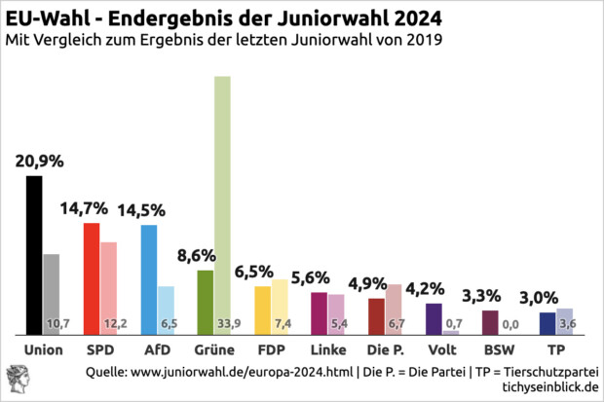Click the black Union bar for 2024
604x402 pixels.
pyautogui.click(x=33, y=255)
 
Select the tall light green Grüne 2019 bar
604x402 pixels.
pyautogui.click(x=222, y=204)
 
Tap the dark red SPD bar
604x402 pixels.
pyautogui.click(x=91, y=278)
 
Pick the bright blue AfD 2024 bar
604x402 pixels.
pyautogui.click(x=149, y=279)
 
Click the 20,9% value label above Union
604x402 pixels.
pyautogui.click(x=40, y=160)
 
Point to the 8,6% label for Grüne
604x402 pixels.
pyautogui.click(x=196, y=255)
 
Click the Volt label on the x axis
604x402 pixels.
pyautogui.click(x=441, y=348)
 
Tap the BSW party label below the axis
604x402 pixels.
pyautogui.click(x=498, y=348)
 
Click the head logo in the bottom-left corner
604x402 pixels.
pyautogui.click(x=18, y=380)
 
